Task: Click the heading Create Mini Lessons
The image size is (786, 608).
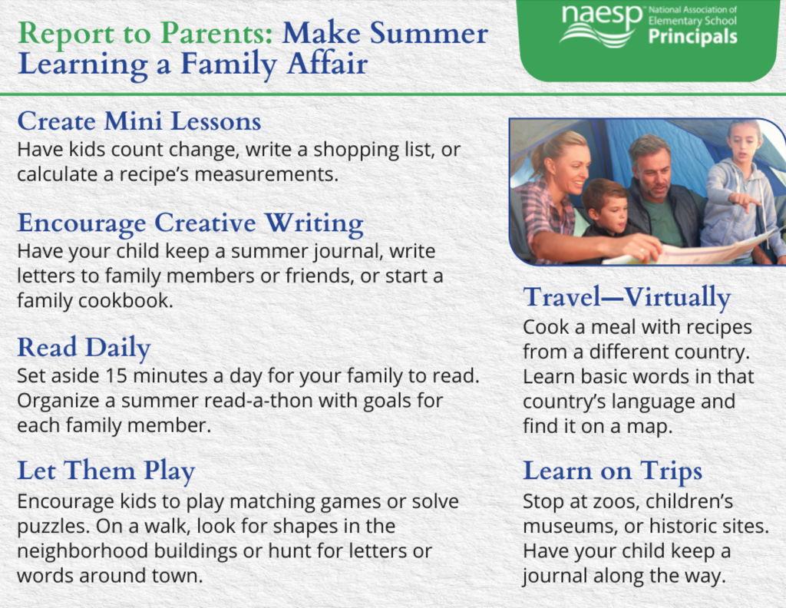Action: pyautogui.click(x=140, y=121)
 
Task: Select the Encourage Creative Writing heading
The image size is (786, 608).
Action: pyautogui.click(x=190, y=223)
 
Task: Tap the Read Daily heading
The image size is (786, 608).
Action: pyautogui.click(x=84, y=348)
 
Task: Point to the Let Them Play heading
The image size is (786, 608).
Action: pyautogui.click(x=106, y=471)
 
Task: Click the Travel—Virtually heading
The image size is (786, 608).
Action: pyautogui.click(x=626, y=298)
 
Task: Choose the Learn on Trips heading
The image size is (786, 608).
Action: pyautogui.click(x=613, y=471)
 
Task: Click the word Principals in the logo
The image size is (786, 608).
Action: pyautogui.click(x=693, y=37)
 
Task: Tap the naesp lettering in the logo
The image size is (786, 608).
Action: pyautogui.click(x=602, y=16)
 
